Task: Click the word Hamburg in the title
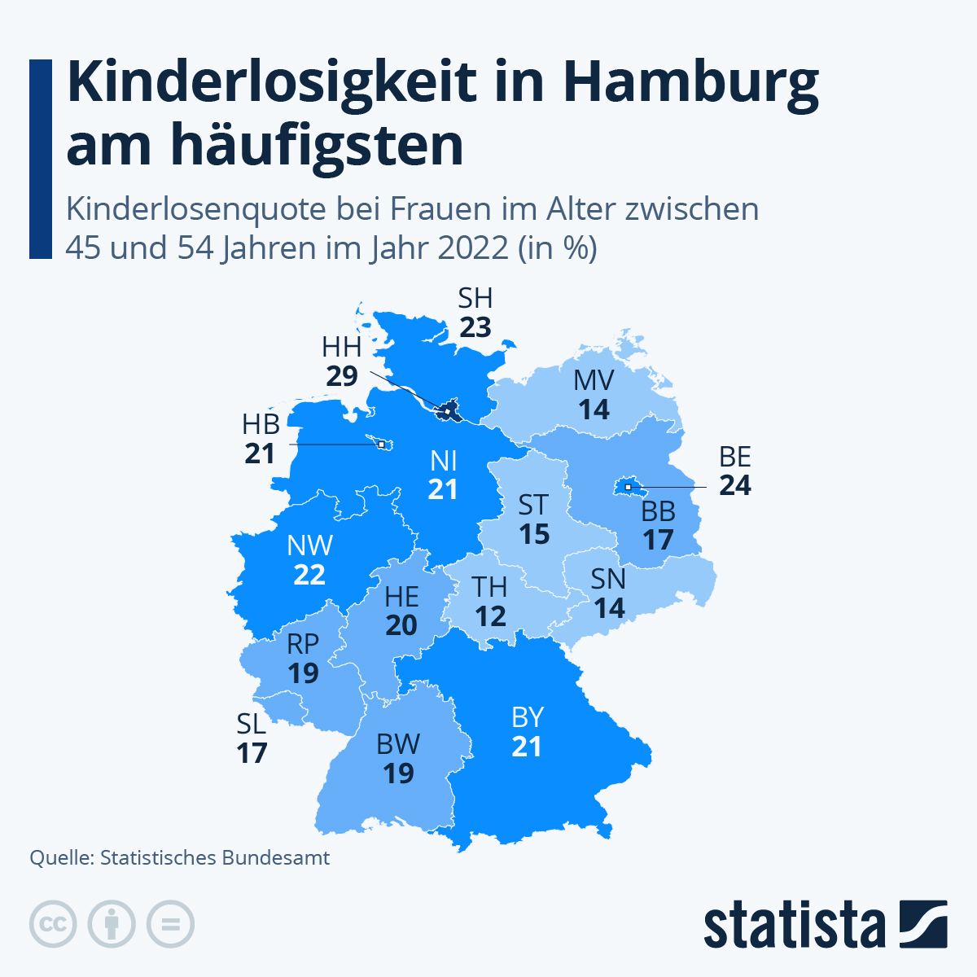coord(690,83)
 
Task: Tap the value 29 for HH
coord(342,376)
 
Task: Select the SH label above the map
coord(475,298)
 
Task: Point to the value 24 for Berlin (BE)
coord(735,485)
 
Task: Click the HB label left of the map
coord(261,424)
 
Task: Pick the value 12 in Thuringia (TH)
coord(491,616)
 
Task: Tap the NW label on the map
coord(310,545)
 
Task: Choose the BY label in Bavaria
coord(528,717)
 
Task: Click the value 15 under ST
coord(535,534)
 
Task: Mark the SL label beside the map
coord(252,724)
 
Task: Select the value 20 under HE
coord(401,625)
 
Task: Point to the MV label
coord(594,380)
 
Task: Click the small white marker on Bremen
coord(381,445)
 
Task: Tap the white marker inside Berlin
coord(628,487)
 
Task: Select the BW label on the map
coord(398,744)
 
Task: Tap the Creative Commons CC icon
coord(53,924)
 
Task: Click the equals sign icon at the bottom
coord(170,924)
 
